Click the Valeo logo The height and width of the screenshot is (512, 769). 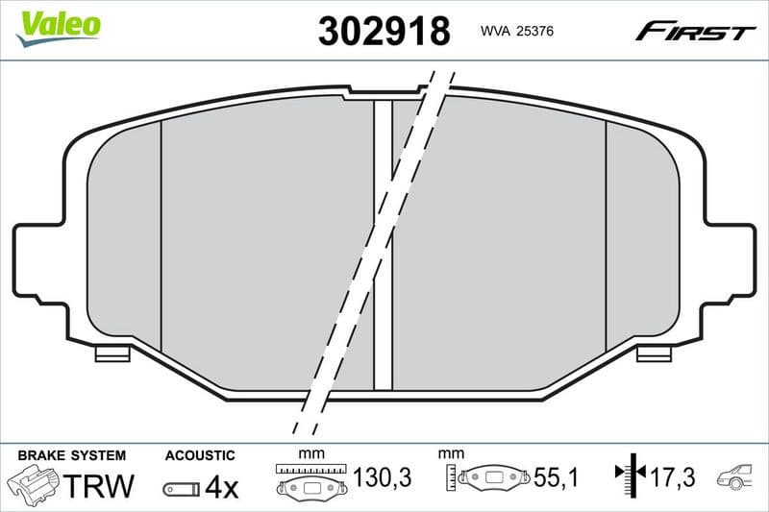58,25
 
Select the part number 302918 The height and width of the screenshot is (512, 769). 384,32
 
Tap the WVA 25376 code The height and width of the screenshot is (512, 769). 516,32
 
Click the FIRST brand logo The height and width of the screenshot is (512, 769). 695,32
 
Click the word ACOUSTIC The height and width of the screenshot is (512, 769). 200,454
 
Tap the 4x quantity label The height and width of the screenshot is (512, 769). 221,488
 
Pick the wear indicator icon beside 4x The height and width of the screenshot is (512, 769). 181,489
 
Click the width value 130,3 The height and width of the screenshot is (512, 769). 383,477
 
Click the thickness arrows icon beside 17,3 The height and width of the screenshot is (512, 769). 627,474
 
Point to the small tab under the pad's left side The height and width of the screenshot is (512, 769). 112,354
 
